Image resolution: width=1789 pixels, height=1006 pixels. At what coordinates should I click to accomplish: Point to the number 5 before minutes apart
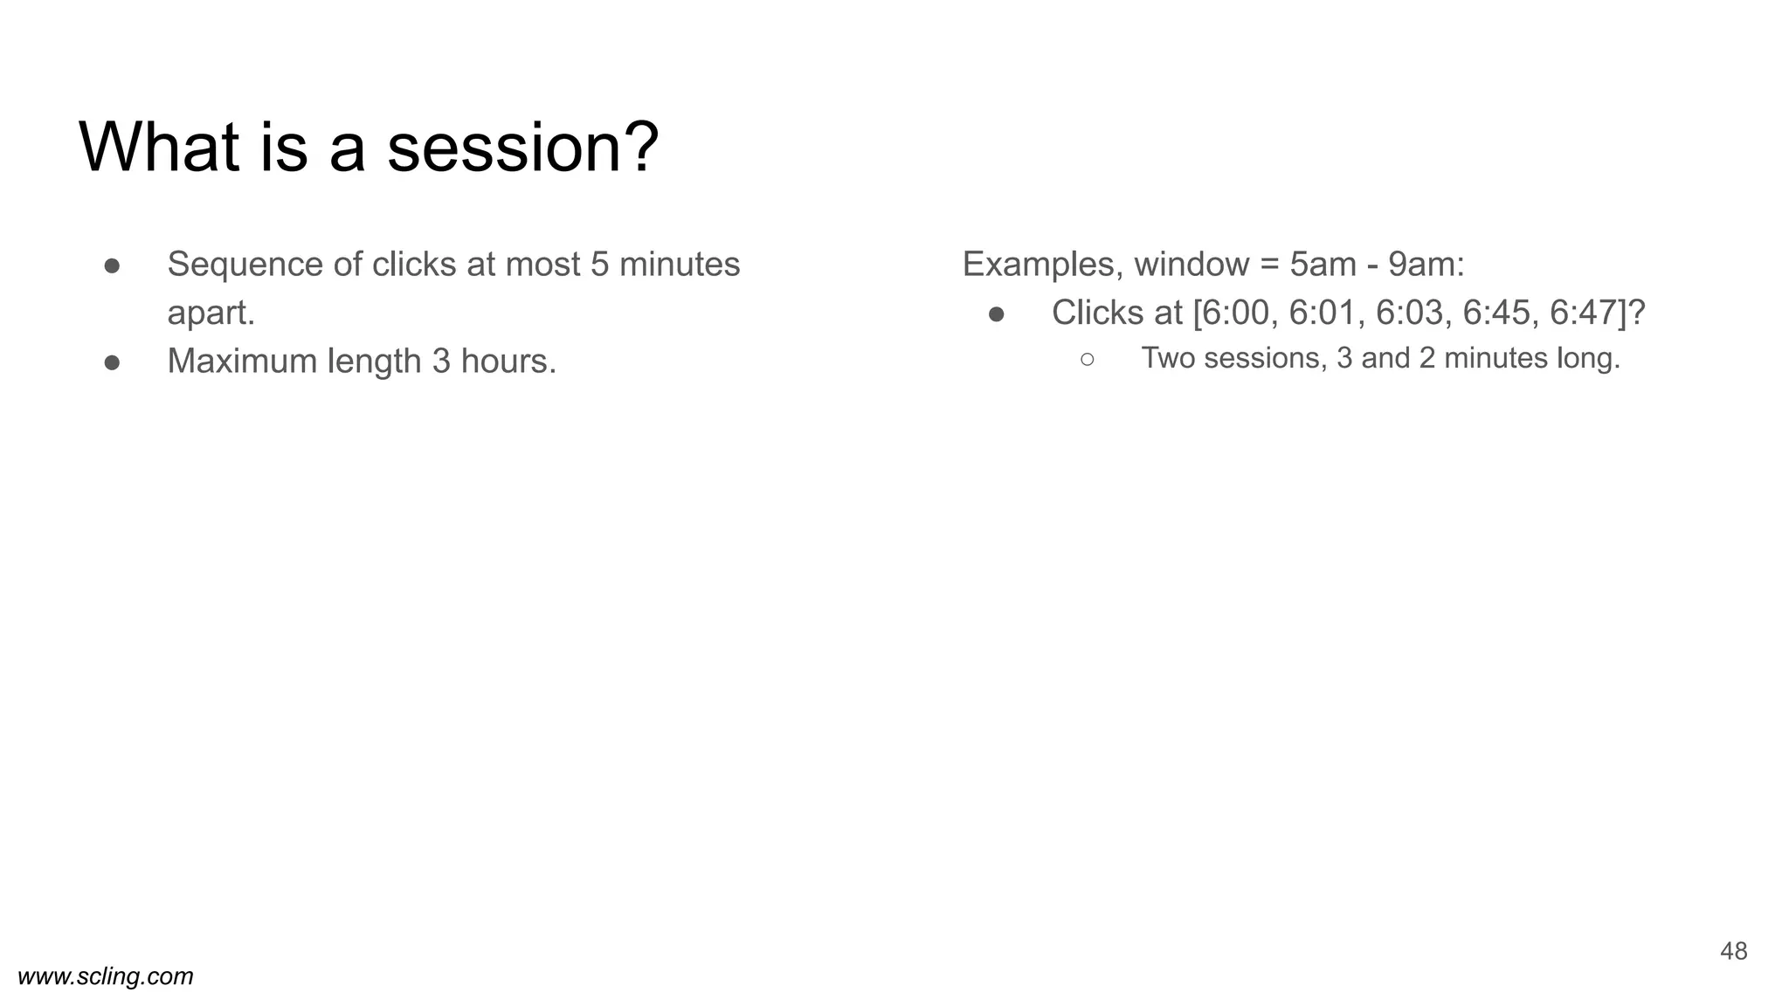click(x=599, y=264)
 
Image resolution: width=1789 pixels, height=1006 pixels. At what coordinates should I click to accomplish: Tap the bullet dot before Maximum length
click(x=112, y=362)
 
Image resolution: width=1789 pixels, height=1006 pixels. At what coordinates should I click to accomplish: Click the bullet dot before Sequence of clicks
click(x=112, y=265)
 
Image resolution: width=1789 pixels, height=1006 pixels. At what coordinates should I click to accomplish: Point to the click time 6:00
click(x=1235, y=313)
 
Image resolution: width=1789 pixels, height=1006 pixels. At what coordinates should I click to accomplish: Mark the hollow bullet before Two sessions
click(x=1087, y=359)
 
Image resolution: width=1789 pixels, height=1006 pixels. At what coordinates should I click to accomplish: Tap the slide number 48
click(x=1733, y=951)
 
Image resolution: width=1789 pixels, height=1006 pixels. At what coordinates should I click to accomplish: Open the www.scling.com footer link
click(x=106, y=976)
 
